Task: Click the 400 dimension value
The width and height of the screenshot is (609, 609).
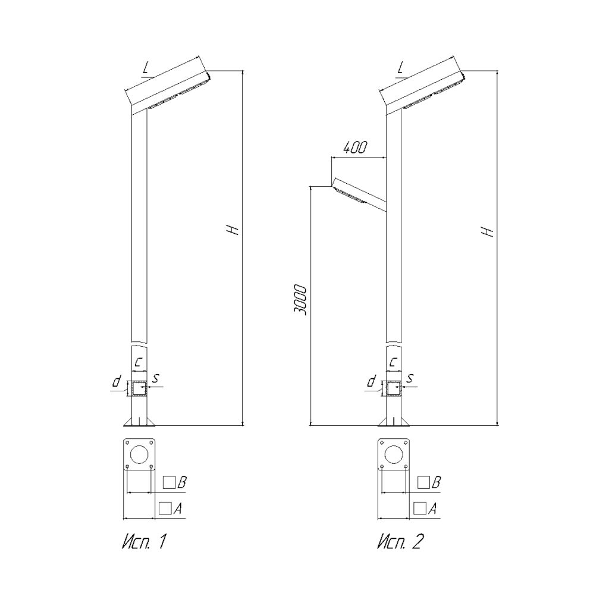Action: pos(354,147)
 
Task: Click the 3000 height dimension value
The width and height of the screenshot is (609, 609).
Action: pos(300,300)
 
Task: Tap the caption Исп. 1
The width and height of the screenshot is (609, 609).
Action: pos(144,542)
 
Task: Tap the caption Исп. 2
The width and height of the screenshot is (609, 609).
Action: pos(400,542)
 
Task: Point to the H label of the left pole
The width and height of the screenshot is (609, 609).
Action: pos(233,230)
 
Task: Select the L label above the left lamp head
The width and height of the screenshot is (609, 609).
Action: pos(146,69)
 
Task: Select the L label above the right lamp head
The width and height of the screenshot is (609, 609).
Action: pos(401,69)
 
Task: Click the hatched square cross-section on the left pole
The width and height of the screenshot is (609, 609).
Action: pos(139,389)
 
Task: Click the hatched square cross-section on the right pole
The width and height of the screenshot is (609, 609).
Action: pos(394,389)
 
